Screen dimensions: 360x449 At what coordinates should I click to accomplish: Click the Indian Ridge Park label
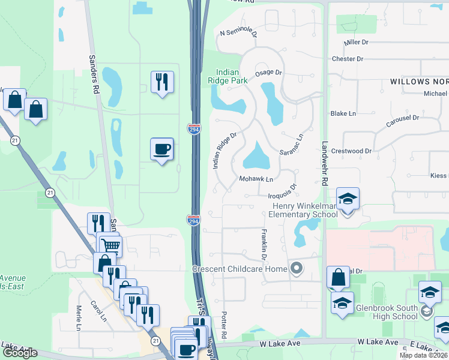click(x=228, y=76)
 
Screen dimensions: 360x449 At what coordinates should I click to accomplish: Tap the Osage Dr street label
click(x=268, y=73)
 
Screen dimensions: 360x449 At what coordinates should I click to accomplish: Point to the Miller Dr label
click(x=356, y=43)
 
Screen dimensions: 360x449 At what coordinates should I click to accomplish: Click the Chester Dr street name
click(x=348, y=59)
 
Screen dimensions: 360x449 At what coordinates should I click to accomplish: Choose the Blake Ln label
click(x=343, y=113)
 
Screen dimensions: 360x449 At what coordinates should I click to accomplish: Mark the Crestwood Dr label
click(x=351, y=152)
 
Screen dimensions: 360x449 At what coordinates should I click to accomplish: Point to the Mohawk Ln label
click(x=256, y=179)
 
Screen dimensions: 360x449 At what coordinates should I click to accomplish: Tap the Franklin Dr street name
click(x=264, y=244)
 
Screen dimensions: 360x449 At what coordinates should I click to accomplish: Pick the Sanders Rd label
click(x=94, y=74)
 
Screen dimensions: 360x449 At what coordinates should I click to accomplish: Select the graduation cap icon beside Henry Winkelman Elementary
click(x=348, y=199)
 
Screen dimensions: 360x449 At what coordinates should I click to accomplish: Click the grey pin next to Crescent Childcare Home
click(x=295, y=268)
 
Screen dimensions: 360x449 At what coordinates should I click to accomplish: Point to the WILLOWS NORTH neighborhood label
click(x=418, y=81)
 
